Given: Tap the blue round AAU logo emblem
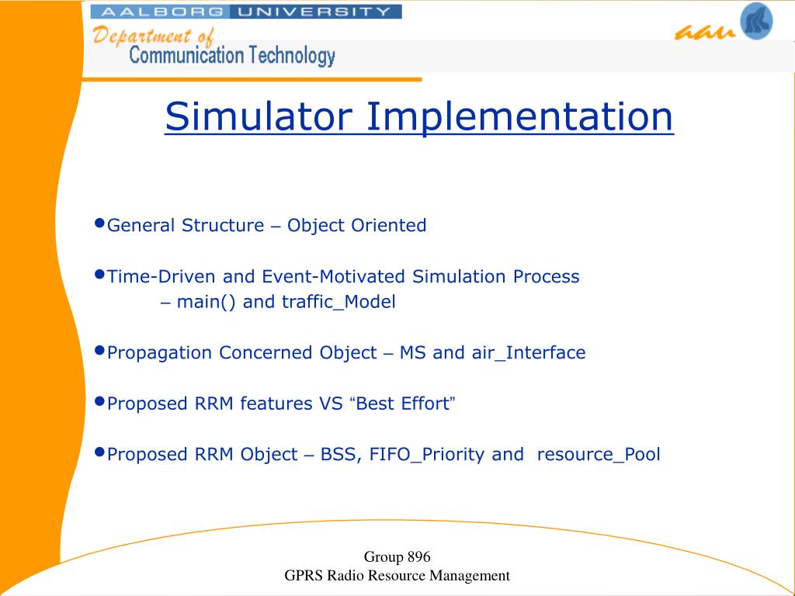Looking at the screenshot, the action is [756, 21].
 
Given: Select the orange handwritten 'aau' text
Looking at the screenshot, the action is [705, 32].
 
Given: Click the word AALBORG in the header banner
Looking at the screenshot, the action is [160, 12].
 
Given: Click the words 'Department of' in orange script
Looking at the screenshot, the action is [154, 36].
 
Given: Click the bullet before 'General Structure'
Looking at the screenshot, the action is [100, 223].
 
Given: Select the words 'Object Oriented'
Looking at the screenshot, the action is [356, 226].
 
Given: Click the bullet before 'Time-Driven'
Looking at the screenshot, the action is [100, 274].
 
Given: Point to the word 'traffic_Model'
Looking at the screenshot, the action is [338, 302].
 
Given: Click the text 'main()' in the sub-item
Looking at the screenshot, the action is [206, 302].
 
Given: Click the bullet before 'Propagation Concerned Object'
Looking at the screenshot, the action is [100, 350].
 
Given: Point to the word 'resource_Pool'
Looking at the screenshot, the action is [599, 454].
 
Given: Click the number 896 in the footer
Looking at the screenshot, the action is [418, 557].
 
